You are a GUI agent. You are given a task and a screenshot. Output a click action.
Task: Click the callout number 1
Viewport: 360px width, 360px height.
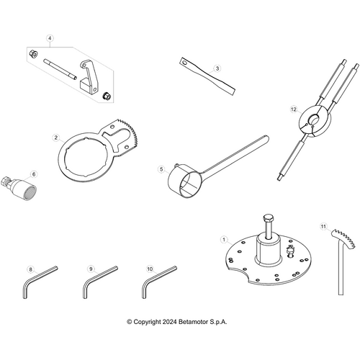224,239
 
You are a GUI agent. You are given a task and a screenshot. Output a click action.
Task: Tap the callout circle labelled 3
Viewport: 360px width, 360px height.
216,68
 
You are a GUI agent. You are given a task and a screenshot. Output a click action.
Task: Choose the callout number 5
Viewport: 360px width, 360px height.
161,171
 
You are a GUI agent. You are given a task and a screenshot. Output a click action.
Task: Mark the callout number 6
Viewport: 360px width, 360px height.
32,174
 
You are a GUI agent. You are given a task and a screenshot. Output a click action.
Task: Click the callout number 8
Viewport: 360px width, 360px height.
30,269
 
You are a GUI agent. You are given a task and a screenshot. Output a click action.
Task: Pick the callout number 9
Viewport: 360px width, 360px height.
91,269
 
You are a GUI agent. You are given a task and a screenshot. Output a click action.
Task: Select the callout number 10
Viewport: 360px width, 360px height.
150,269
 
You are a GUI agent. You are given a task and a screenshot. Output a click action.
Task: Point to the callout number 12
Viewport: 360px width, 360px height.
293,109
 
